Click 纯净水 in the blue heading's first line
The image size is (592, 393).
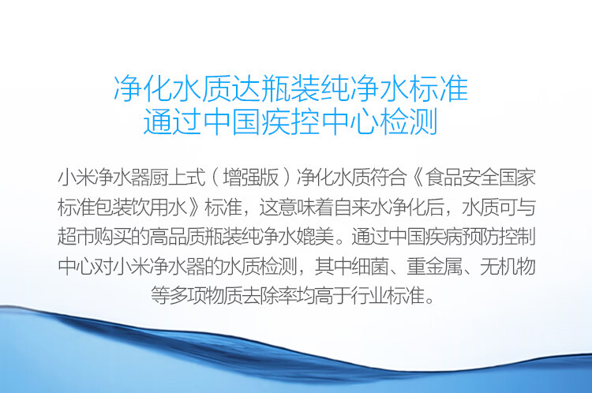point(365,88)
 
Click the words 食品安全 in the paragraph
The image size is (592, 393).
point(462,177)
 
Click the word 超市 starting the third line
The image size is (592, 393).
point(76,237)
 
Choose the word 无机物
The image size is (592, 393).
point(508,267)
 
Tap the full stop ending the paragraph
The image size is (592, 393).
point(429,301)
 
